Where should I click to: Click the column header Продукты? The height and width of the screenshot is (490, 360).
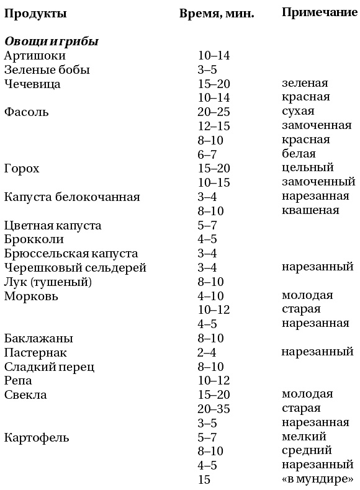pos(35,13)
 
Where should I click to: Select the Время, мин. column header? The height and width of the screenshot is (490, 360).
pos(217,13)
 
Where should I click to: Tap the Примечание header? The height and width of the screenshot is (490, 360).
pos(318,12)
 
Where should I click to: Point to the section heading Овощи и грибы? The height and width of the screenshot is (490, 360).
pos(52,42)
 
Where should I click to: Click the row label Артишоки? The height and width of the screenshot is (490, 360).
pos(34,55)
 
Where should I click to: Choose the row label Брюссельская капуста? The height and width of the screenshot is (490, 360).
pos(71,254)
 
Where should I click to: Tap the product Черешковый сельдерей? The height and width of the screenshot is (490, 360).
pos(75,267)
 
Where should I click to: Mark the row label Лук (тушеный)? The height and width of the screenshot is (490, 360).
pos(48,282)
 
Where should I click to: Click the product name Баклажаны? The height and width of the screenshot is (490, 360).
pos(38,338)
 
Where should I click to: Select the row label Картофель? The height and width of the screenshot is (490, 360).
pos(36,437)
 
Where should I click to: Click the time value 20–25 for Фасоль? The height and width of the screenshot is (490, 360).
pos(214,112)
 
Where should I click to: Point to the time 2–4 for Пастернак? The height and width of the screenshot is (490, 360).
pos(210,352)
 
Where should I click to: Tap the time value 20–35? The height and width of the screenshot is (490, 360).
pos(214,409)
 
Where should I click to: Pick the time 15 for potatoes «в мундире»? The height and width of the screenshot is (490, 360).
pos(204,479)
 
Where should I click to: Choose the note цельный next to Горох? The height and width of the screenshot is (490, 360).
pos(307,168)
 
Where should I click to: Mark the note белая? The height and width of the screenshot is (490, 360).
pos(299,154)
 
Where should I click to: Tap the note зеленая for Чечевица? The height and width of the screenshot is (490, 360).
pos(305,83)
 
